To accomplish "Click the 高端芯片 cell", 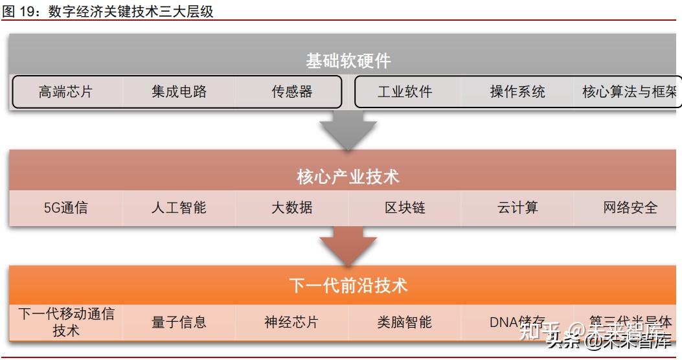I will pyautogui.click(x=65, y=92).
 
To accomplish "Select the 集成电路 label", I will pyautogui.click(x=179, y=92).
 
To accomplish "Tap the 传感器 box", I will pyautogui.click(x=292, y=92).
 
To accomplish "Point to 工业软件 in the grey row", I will pyautogui.click(x=405, y=92).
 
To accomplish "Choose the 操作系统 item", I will pyautogui.click(x=517, y=92).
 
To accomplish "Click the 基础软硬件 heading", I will pyautogui.click(x=348, y=62).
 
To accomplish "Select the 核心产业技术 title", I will pyautogui.click(x=348, y=176).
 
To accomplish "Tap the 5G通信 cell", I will pyautogui.click(x=65, y=208).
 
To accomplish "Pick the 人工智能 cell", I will pyautogui.click(x=179, y=208).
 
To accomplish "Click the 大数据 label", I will pyautogui.click(x=292, y=208).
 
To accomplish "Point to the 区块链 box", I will pyautogui.click(x=405, y=208).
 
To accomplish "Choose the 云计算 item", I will pyautogui.click(x=517, y=208).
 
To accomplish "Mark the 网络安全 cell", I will pyautogui.click(x=630, y=208).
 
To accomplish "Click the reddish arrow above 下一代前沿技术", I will pyautogui.click(x=348, y=245).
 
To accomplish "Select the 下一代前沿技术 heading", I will pyautogui.click(x=348, y=286).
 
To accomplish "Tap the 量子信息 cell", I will pyautogui.click(x=179, y=322).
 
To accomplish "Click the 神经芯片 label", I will pyautogui.click(x=292, y=322).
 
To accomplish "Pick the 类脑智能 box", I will pyautogui.click(x=405, y=322).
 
